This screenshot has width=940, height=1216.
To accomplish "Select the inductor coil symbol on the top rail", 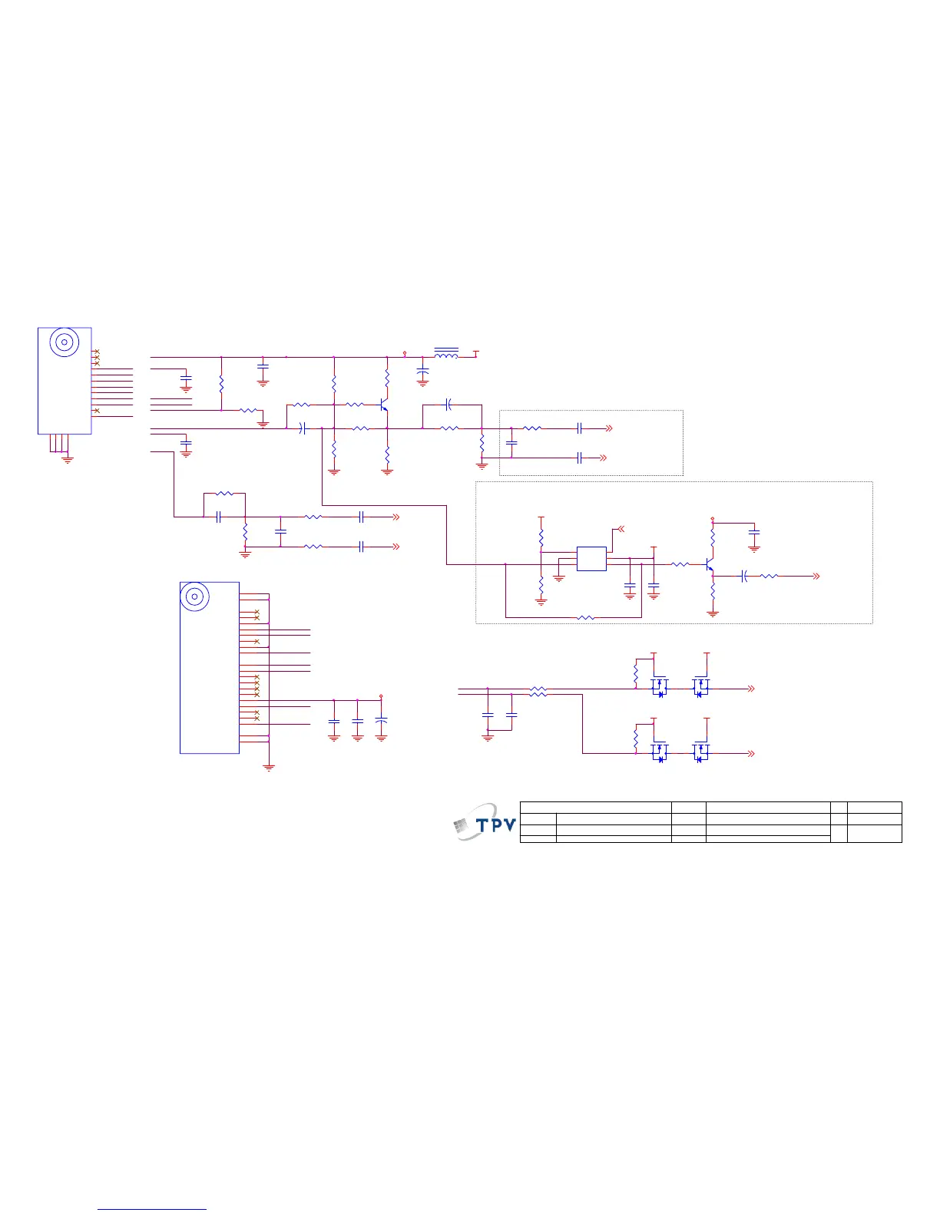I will pos(446,354).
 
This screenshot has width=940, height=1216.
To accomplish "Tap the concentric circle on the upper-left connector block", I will pos(65,342).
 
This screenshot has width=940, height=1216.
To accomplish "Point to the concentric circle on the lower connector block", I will pos(195,596).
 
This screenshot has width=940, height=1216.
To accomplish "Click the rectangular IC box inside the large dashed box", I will pos(591,559).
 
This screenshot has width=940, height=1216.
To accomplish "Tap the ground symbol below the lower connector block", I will pos(269,765).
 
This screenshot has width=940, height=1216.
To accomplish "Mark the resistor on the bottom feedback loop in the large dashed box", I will pos(585,617).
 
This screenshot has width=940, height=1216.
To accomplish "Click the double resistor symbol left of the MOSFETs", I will pos(538,692).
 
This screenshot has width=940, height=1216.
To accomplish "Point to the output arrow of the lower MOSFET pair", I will pos(752,754).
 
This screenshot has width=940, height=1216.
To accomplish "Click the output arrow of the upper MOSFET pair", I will pos(752,689).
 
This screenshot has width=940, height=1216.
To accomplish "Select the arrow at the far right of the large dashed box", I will pos(817,576).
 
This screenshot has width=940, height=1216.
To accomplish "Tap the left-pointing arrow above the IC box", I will pos(621,529).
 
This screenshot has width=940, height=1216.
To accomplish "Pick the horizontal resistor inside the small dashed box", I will pos(531,428).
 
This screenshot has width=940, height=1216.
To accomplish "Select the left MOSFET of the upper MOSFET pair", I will pos(658,687).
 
